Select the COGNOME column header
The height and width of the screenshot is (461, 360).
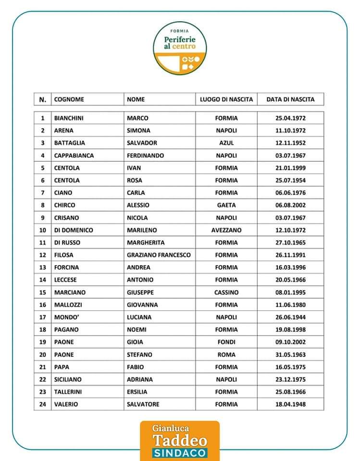69,99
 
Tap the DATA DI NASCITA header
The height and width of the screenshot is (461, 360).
290,99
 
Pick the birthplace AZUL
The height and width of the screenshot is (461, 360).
226,143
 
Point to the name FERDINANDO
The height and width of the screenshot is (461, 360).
145,156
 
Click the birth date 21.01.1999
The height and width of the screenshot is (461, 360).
290,168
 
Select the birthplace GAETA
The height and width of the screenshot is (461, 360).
226,205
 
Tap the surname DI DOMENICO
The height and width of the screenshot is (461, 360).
74,230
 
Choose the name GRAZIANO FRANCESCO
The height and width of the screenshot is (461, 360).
159,255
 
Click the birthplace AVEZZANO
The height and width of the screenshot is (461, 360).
226,230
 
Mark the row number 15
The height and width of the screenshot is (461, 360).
42,292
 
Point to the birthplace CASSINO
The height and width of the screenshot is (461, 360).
226,292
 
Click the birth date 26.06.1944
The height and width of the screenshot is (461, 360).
290,317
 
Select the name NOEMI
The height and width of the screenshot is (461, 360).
137,329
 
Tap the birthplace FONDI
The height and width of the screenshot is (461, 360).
226,342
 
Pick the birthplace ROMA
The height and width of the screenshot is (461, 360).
226,354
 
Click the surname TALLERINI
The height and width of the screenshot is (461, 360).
69,392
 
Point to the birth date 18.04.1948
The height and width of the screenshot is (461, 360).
290,404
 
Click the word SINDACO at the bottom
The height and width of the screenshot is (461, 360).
180,453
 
